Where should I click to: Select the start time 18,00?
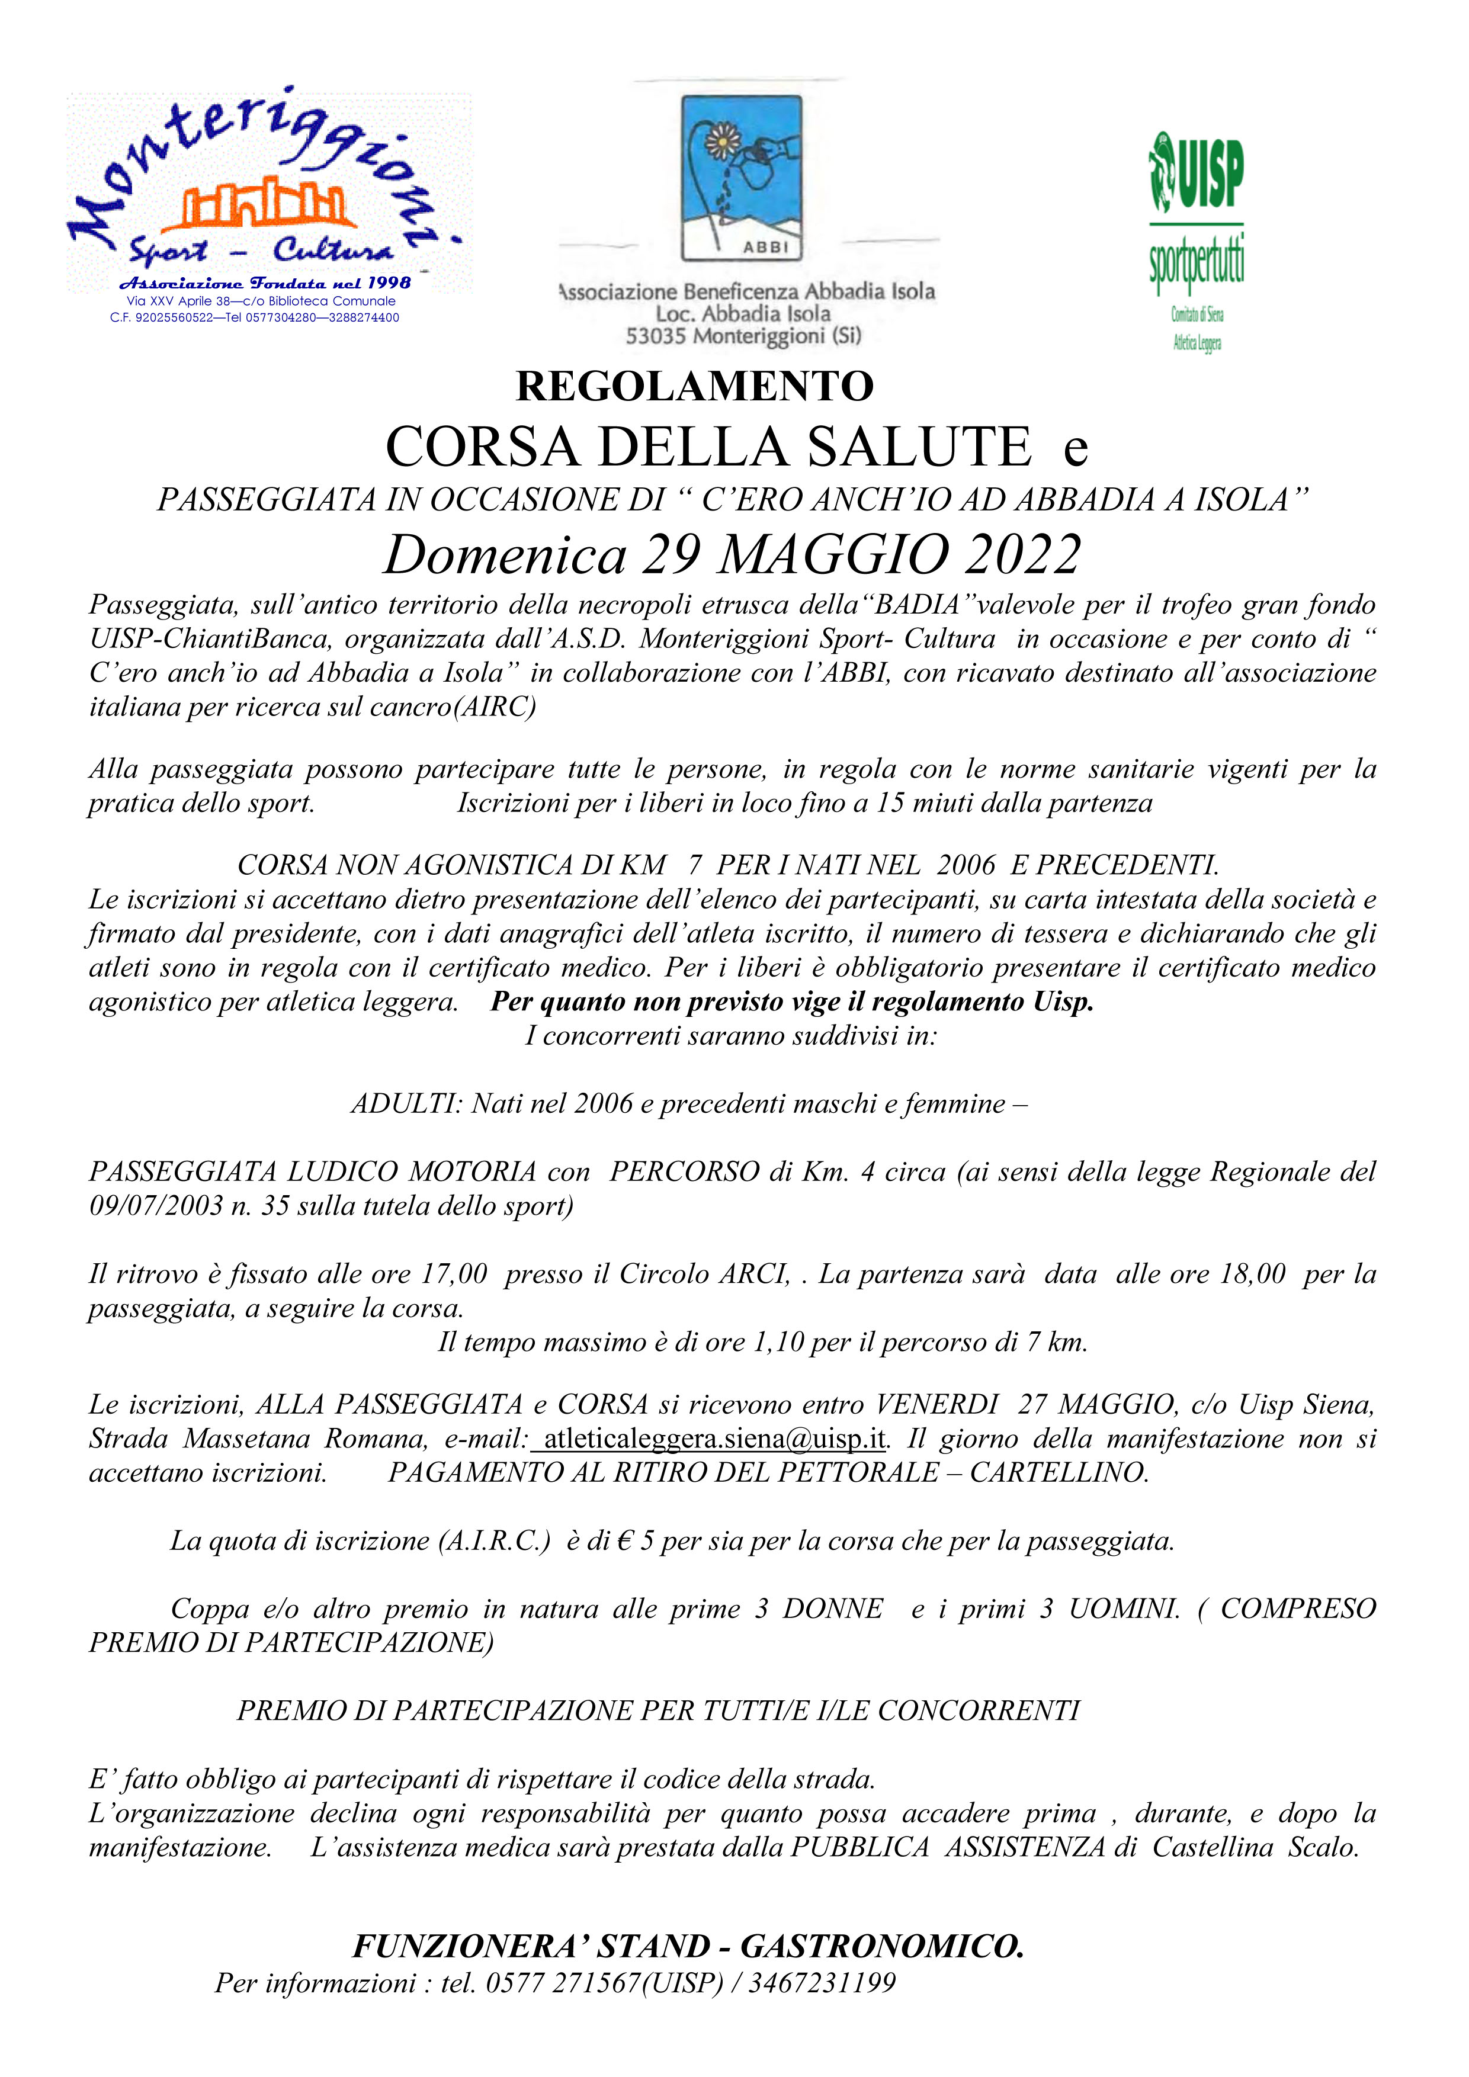[x=1252, y=1274]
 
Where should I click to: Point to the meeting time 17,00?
[x=454, y=1274]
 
